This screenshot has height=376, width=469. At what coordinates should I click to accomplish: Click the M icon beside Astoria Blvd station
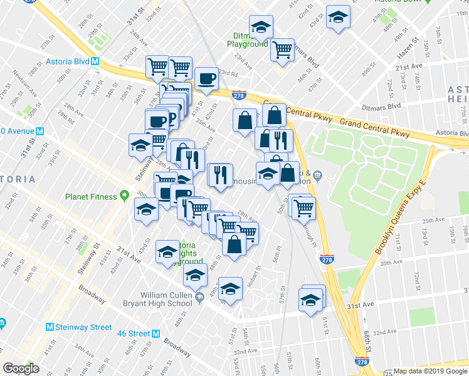tap(96, 62)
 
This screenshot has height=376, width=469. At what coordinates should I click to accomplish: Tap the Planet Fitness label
tap(91, 196)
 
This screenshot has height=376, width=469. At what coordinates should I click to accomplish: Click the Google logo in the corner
tap(21, 368)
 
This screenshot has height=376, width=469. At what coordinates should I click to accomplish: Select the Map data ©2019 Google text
tap(429, 371)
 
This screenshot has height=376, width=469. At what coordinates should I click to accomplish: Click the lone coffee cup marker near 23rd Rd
tap(206, 79)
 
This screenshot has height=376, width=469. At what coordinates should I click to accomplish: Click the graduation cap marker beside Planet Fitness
tap(146, 209)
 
